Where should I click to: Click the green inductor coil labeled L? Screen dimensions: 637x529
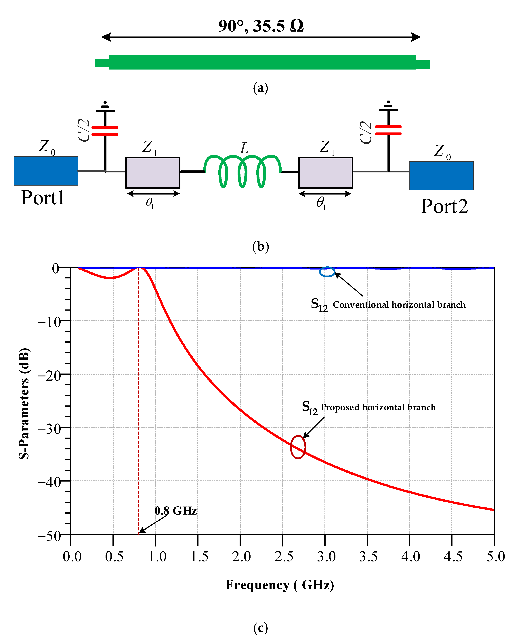tap(242, 171)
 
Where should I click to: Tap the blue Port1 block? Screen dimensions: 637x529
tap(46, 171)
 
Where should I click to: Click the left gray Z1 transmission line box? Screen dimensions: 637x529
tap(153, 173)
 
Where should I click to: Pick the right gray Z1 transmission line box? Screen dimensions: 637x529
tap(325, 173)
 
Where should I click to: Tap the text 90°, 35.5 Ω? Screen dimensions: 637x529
tap(261, 26)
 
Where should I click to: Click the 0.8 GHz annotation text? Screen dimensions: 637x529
tap(175, 511)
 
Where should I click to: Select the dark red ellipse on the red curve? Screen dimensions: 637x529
tap(298, 447)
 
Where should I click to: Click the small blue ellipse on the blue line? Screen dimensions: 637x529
tap(327, 272)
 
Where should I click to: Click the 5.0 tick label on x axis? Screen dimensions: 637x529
tap(495, 556)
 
